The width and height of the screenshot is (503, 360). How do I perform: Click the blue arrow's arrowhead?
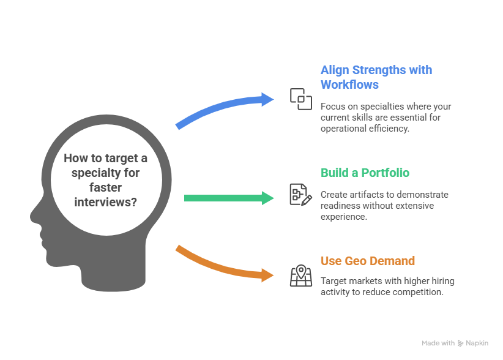(269, 99)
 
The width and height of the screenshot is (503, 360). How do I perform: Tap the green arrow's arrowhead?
(268, 197)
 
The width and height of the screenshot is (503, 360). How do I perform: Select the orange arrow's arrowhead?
(267, 275)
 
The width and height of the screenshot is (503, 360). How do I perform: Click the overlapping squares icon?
(300, 99)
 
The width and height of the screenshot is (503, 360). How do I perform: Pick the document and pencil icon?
(300, 195)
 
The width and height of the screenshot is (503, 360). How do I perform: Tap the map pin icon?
(300, 276)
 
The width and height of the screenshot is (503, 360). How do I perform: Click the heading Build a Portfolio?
(365, 173)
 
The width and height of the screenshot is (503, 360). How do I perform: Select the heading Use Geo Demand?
(368, 261)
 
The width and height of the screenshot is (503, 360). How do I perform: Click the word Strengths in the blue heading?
(379, 70)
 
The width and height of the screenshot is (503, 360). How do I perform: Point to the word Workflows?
(349, 84)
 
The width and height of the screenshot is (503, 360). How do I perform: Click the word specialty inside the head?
(97, 173)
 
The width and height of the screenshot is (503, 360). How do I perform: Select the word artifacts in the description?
(366, 195)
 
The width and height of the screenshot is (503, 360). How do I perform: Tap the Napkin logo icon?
(460, 343)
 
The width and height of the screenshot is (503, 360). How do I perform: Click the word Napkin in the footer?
(477, 343)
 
